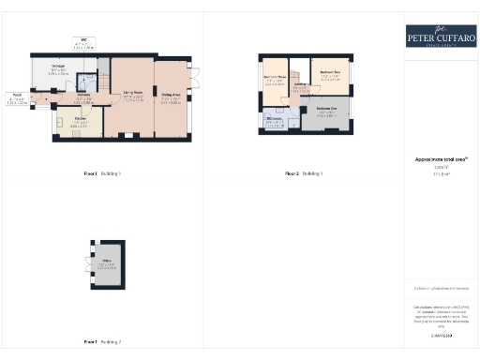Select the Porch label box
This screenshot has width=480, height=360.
17,96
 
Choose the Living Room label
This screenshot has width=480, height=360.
131,95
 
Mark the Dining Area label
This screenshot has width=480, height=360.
171,95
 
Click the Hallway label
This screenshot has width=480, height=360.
83,96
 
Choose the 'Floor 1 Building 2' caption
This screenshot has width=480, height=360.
102,341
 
